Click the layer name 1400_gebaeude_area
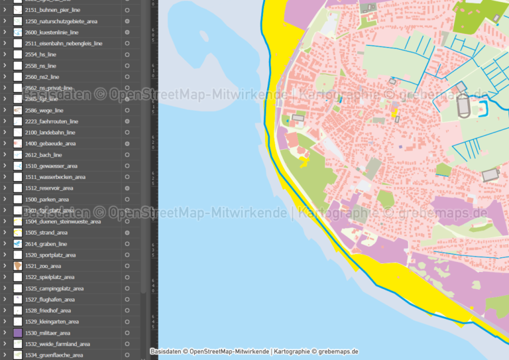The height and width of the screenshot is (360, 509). tap(50, 143)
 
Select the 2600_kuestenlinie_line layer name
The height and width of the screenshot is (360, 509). tap(52, 32)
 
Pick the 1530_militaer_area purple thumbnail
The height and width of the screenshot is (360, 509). tap(17, 333)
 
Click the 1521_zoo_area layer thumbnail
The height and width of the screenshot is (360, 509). tap(17, 266)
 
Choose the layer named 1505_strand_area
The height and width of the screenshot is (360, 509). tap(46, 233)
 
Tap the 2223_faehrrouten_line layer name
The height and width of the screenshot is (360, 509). tap(52, 121)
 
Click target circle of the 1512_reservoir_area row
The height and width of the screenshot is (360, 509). tap(127, 188)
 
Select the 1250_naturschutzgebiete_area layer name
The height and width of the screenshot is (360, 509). tap(61, 21)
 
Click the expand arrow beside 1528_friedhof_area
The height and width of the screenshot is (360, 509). tap(5, 310)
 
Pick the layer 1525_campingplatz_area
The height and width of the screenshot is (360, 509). tap(54, 288)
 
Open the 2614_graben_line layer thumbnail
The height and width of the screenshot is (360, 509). tap(17, 244)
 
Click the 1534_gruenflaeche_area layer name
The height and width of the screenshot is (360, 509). tap(54, 355)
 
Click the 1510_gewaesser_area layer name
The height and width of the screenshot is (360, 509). tap(51, 166)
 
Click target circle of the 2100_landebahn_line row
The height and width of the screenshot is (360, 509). tap(127, 133)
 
